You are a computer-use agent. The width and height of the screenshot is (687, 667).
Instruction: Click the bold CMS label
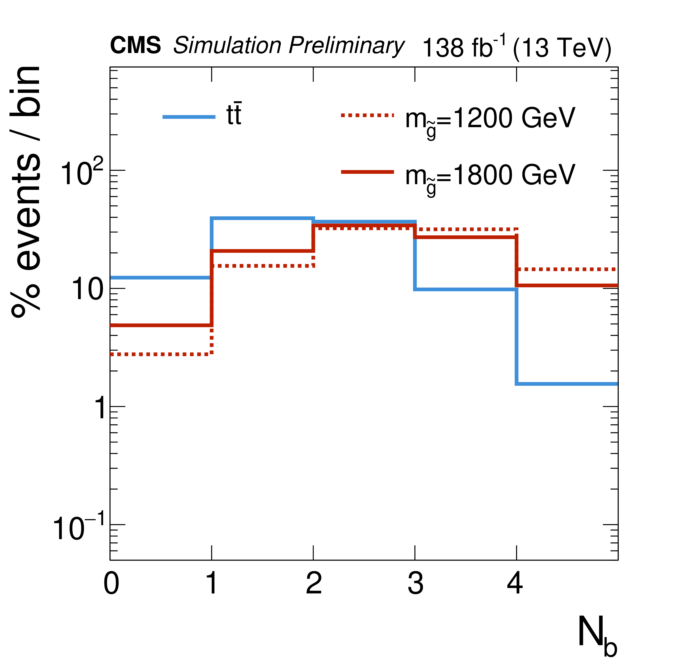point(135,46)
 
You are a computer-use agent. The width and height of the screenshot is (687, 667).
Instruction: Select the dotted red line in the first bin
point(160,355)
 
